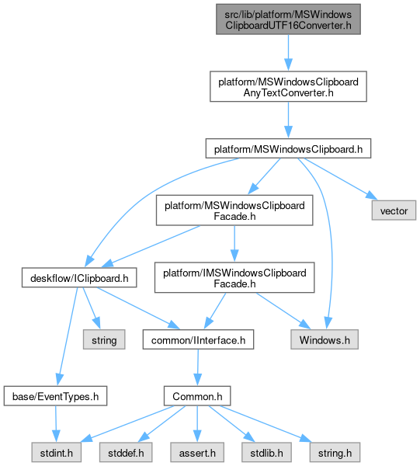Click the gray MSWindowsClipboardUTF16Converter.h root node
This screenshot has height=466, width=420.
tap(288, 19)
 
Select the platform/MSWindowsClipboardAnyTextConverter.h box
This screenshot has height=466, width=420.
tap(288, 86)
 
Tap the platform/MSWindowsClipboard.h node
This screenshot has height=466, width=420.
tap(288, 148)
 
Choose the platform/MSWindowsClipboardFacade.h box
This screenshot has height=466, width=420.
tap(234, 210)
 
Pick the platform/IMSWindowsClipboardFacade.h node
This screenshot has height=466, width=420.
tap(234, 277)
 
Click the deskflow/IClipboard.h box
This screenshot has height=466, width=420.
tap(79, 277)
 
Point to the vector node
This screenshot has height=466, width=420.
tap(394, 210)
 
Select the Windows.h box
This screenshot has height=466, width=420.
tap(325, 339)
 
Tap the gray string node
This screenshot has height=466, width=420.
tap(104, 339)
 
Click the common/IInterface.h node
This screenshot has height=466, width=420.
tap(198, 339)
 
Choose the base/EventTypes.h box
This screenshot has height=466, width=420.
tap(55, 396)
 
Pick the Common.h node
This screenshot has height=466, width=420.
tap(197, 396)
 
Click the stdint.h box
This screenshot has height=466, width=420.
tap(57, 452)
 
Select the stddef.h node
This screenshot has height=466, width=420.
tap(126, 452)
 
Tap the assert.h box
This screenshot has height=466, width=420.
tap(197, 452)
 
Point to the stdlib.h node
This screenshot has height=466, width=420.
tap(266, 452)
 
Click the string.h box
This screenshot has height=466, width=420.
tap(335, 452)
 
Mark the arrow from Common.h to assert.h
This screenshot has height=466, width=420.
tap(197, 424)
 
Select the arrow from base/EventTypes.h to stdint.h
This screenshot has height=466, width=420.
tap(56, 424)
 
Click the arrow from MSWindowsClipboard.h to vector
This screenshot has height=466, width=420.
tap(341, 179)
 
